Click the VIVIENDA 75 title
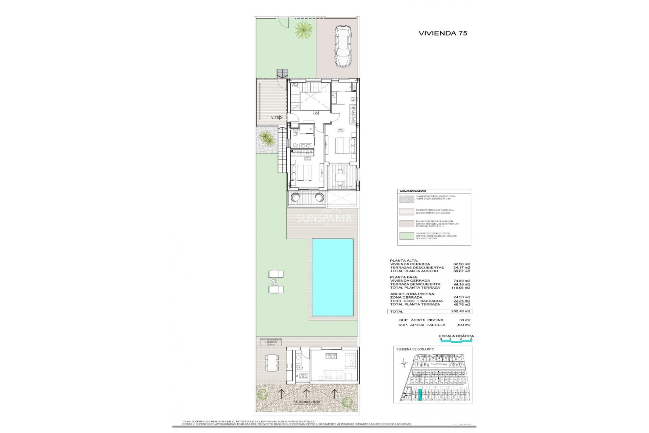click(x=442, y=33)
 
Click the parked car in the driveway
click(x=343, y=46)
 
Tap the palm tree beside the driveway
click(x=303, y=30)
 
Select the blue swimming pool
click(x=332, y=277)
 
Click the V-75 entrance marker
click(x=277, y=118)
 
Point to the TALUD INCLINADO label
click(x=307, y=402)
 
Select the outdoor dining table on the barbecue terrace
click(x=271, y=363)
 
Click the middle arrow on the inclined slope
click(x=307, y=393)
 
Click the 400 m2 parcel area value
click(x=463, y=325)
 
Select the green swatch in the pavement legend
click(x=407, y=236)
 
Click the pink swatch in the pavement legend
click(x=407, y=224)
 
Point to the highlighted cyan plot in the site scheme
click(x=420, y=395)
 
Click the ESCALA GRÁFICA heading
click(x=456, y=336)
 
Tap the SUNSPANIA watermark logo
click(x=324, y=219)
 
